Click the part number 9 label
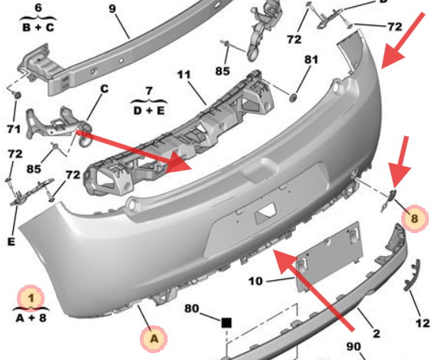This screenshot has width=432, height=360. click(x=111, y=9)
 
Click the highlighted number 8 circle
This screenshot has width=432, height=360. click(x=414, y=218)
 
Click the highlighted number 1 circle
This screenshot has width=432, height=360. click(x=32, y=295)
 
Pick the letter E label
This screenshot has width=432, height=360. click(x=11, y=242)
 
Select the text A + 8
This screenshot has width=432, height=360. click(x=30, y=315)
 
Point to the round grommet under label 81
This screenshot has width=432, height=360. click(x=293, y=98)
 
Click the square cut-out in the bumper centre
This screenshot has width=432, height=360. click(x=266, y=208)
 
